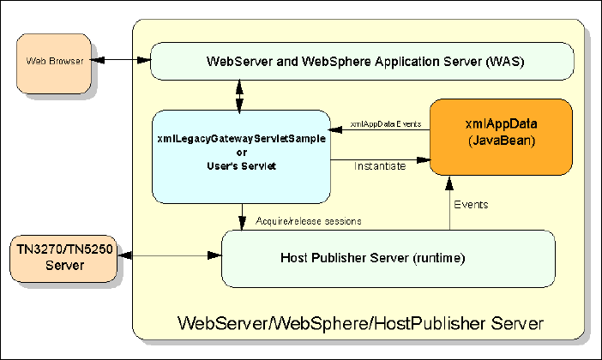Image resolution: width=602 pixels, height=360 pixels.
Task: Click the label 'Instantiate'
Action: click(x=380, y=166)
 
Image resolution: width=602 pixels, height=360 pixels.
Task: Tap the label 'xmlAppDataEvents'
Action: click(x=384, y=124)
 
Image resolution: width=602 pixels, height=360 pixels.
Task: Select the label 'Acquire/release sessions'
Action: click(x=308, y=221)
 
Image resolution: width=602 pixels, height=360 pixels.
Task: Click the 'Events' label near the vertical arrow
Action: click(x=471, y=205)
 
